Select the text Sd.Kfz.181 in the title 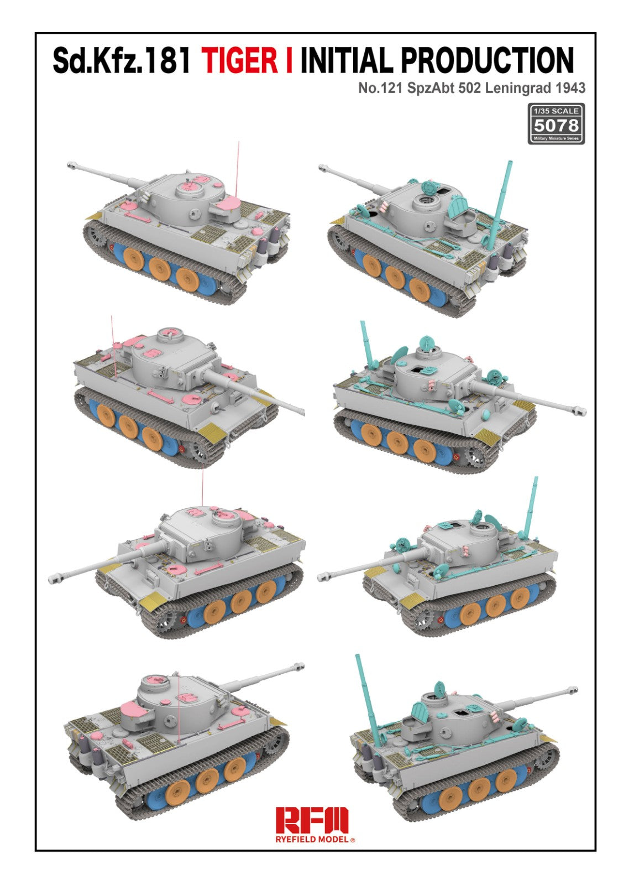pyautogui.click(x=122, y=60)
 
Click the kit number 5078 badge pyautogui.click(x=556, y=125)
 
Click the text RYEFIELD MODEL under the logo pyautogui.click(x=312, y=839)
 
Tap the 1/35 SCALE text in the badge pyautogui.click(x=556, y=111)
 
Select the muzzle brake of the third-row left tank pyautogui.click(x=55, y=579)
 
